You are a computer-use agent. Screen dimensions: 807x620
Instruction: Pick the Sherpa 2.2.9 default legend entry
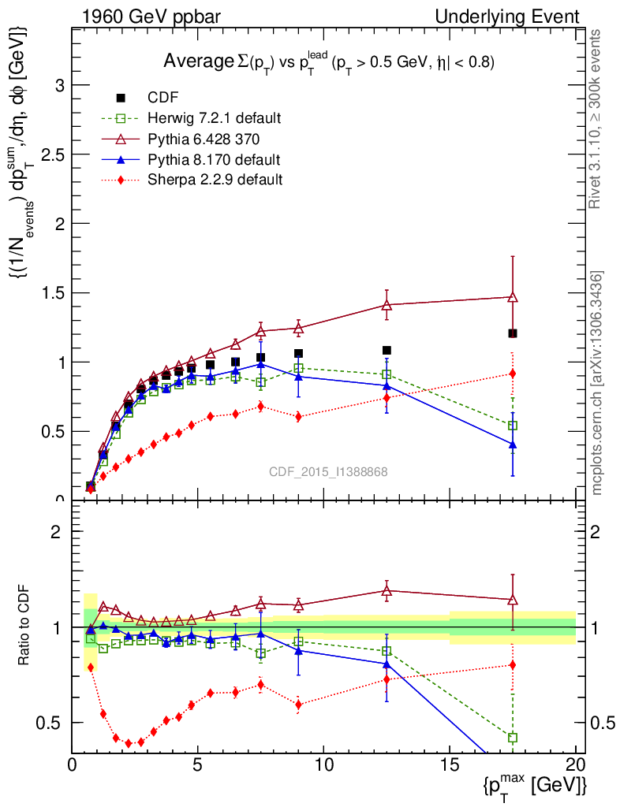(215, 180)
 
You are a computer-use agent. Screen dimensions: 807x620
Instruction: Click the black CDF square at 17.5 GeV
(513, 333)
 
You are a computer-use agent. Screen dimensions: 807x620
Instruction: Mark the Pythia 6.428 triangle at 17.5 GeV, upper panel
(513, 297)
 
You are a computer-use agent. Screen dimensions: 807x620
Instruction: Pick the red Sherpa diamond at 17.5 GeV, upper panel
(513, 374)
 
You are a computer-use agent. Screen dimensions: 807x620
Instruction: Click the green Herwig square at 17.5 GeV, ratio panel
(513, 738)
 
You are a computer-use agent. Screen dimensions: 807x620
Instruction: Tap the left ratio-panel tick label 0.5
(54, 723)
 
